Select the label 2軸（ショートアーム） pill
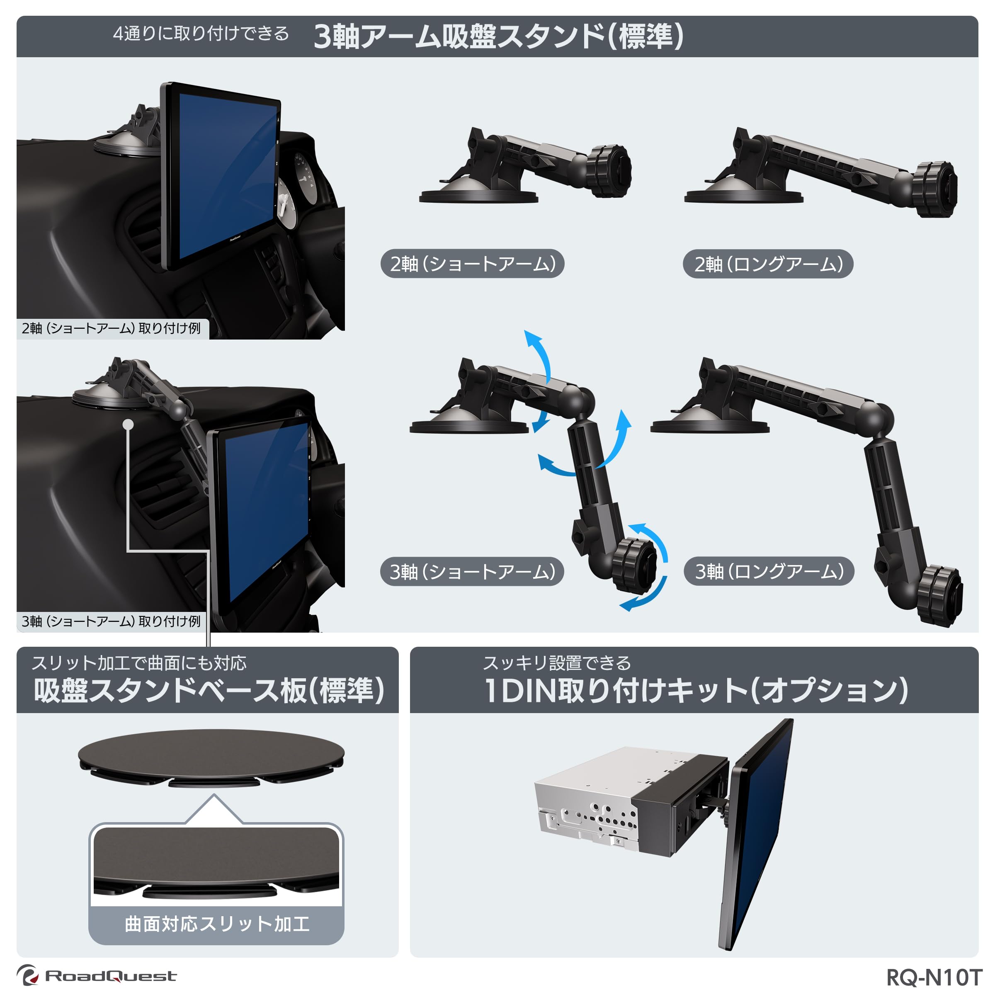(x=472, y=264)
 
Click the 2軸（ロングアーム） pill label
(x=768, y=264)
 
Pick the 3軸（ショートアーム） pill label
(x=472, y=571)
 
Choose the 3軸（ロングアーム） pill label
(x=769, y=571)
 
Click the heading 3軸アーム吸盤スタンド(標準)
(x=498, y=36)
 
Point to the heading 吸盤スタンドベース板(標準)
(x=209, y=691)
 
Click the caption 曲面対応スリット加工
(x=217, y=923)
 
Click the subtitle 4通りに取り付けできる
(x=201, y=34)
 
